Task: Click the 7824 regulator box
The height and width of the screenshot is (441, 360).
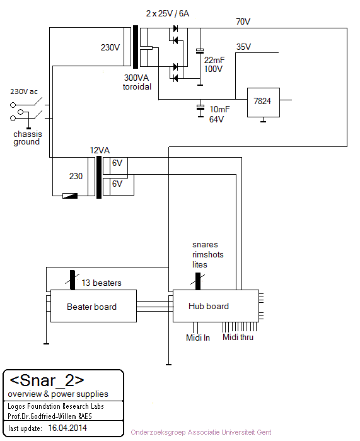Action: [x=264, y=102]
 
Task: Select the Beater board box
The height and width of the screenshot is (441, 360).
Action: [x=93, y=306]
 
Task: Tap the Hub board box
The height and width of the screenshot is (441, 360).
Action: [x=216, y=306]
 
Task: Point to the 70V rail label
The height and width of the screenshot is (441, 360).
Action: [x=243, y=21]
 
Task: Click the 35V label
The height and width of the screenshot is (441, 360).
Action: [x=243, y=47]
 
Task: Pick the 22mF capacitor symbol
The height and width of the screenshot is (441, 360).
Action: [x=200, y=51]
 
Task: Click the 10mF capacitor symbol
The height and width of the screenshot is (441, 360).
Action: [x=200, y=107]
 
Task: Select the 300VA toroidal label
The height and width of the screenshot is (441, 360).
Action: [x=137, y=82]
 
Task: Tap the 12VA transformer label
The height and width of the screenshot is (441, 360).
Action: [x=100, y=150]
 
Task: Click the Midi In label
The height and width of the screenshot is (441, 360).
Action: [x=198, y=338]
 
